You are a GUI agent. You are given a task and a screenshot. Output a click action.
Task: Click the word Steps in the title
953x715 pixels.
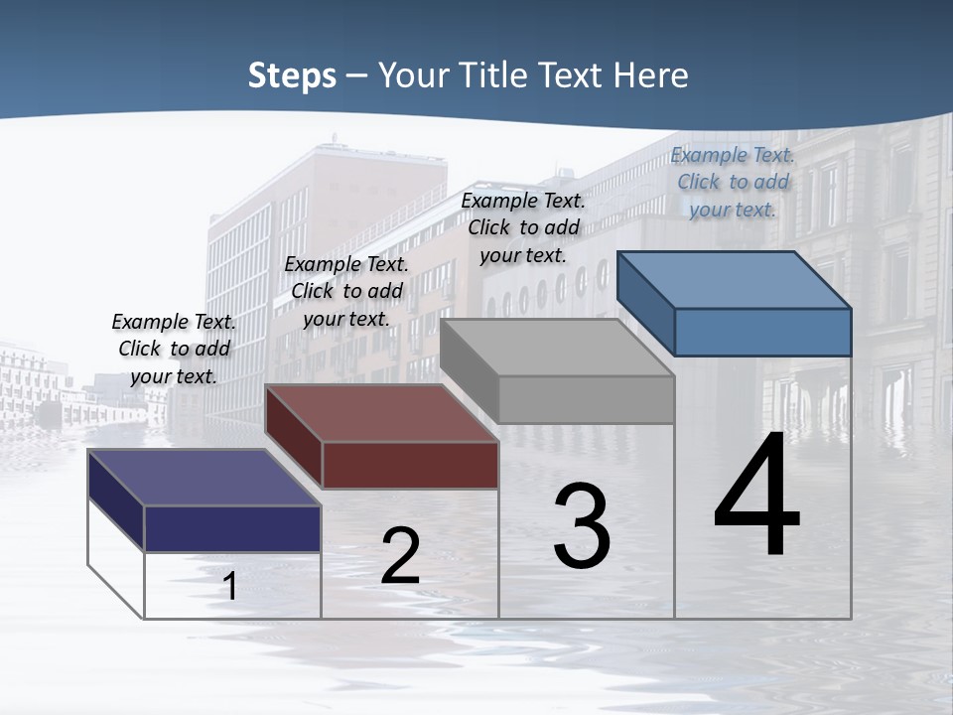[x=292, y=75]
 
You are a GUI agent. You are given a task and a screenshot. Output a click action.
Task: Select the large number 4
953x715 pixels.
[x=757, y=497]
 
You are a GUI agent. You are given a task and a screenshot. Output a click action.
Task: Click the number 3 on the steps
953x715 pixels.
[x=582, y=526]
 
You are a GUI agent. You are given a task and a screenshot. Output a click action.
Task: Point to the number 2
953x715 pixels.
[x=401, y=557]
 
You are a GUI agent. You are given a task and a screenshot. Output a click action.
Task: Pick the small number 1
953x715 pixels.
[x=229, y=586]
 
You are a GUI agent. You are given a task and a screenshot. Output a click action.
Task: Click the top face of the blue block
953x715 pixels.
[x=735, y=279]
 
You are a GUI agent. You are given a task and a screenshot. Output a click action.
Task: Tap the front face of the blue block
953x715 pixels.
[x=762, y=332]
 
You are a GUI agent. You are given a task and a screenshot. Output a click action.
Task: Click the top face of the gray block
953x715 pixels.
[x=557, y=347]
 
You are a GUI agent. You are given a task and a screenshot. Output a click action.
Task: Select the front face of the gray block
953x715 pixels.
[x=586, y=399]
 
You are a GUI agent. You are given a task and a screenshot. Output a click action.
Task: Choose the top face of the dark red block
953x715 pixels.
[x=381, y=412]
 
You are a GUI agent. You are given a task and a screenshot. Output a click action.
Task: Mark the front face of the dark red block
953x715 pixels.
[x=410, y=465]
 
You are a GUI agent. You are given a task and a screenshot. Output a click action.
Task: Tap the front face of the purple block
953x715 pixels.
[x=232, y=528]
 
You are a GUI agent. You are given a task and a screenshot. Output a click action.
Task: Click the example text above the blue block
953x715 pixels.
[x=733, y=182]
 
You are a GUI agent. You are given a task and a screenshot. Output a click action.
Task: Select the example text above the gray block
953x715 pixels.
[x=523, y=227]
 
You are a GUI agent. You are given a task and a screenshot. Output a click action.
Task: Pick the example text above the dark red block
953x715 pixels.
[x=346, y=291]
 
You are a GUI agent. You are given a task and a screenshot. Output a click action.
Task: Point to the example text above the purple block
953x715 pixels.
[x=174, y=349]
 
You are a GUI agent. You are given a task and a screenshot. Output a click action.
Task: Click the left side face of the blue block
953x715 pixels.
[x=645, y=303]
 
